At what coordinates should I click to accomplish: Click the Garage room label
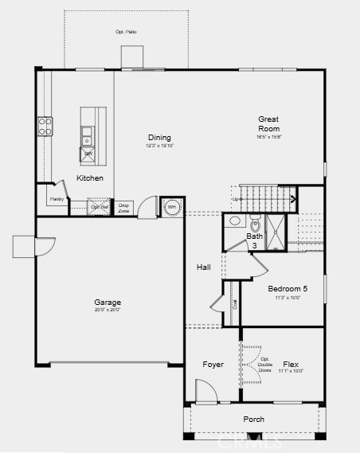[108, 303]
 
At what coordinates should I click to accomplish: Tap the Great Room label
[268, 123]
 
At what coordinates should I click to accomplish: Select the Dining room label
[159, 138]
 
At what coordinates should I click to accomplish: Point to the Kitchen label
[89, 178]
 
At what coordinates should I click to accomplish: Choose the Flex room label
[291, 364]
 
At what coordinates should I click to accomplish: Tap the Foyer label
[213, 365]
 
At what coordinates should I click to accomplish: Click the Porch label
[254, 419]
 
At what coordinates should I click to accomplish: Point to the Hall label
[203, 268]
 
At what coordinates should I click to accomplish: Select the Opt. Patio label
[126, 33]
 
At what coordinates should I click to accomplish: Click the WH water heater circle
[171, 207]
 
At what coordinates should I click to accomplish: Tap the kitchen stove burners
[45, 126]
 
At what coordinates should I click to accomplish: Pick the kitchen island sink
[87, 132]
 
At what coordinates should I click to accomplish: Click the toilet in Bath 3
[255, 221]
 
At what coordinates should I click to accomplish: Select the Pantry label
[57, 200]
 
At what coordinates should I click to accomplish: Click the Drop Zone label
[123, 208]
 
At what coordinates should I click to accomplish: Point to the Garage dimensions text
[108, 311]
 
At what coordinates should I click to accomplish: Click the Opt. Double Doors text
[265, 365]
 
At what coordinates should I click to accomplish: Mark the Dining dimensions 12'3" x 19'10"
[159, 146]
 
